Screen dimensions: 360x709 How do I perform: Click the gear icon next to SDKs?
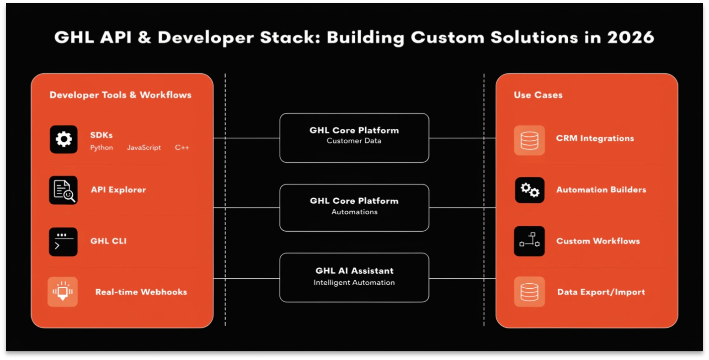pyautogui.click(x=64, y=139)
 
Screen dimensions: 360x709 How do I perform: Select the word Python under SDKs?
pyautogui.click(x=101, y=148)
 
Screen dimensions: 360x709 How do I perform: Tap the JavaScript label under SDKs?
pyautogui.click(x=144, y=148)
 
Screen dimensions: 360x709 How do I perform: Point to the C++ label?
pyautogui.click(x=182, y=148)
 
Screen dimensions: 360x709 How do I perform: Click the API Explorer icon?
pyautogui.click(x=63, y=190)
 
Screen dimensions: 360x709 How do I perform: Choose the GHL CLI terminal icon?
pyautogui.click(x=63, y=242)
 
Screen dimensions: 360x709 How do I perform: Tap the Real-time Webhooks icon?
pyautogui.click(x=63, y=292)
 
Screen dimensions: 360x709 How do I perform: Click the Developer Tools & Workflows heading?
pyautogui.click(x=120, y=95)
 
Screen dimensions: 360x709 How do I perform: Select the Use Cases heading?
pyautogui.click(x=538, y=95)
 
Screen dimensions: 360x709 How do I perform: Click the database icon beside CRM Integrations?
pyautogui.click(x=529, y=140)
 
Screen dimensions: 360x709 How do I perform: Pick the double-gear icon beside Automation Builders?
pyautogui.click(x=530, y=190)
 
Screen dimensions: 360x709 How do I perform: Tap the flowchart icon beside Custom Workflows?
pyautogui.click(x=529, y=241)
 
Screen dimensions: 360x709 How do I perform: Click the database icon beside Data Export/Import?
pyautogui.click(x=529, y=292)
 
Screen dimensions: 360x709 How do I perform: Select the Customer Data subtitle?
pyautogui.click(x=354, y=141)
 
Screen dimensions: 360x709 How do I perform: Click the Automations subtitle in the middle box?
pyautogui.click(x=354, y=212)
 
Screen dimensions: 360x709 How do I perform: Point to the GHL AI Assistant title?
pyautogui.click(x=354, y=271)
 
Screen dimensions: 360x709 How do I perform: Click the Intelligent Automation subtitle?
pyautogui.click(x=354, y=283)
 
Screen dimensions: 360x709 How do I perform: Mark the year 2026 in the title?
pyautogui.click(x=630, y=37)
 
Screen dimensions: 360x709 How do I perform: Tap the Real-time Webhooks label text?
pyautogui.click(x=141, y=292)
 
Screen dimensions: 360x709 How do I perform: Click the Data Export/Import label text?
pyautogui.click(x=601, y=292)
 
